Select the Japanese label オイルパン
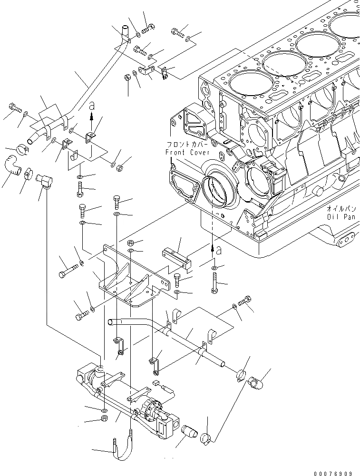click(x=342, y=209)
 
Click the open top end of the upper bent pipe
click(x=125, y=31)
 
